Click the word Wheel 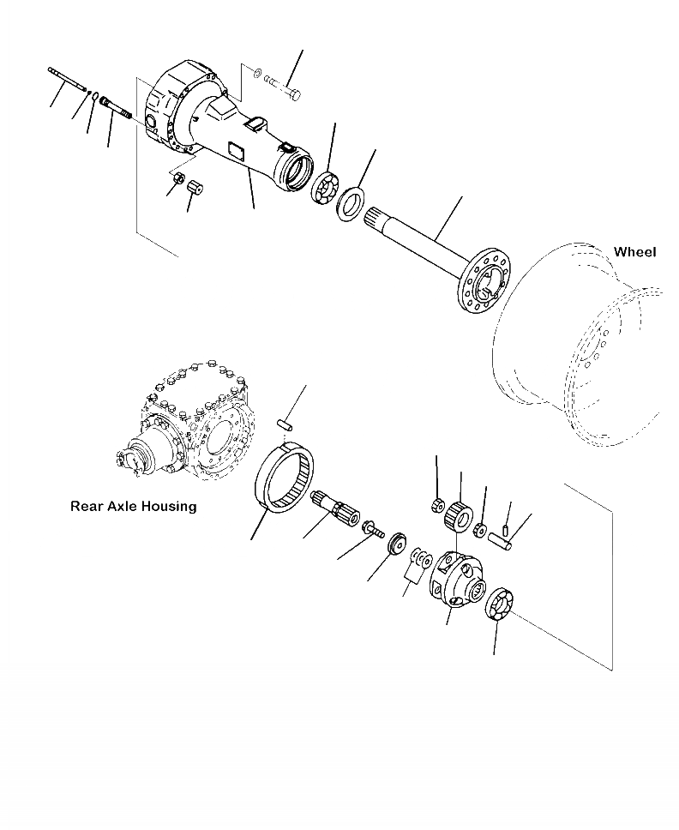[634, 252]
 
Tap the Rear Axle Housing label [133, 507]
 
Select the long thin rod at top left [69, 78]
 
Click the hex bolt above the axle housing [282, 87]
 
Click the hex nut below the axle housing [179, 180]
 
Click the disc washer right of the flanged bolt [398, 543]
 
